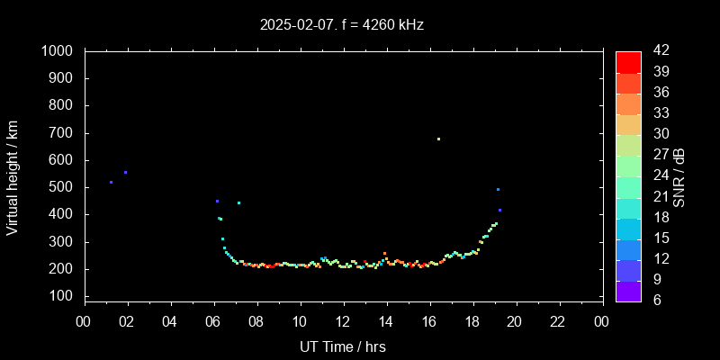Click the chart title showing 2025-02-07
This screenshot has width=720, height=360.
341,25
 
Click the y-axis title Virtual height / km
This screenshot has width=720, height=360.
13,176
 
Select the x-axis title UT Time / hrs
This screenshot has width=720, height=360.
343,346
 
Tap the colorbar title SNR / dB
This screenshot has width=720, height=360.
679,176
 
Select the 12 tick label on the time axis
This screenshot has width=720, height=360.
343,321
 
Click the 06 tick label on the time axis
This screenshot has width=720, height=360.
213,321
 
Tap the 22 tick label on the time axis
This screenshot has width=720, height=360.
559,321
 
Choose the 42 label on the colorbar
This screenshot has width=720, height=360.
660,51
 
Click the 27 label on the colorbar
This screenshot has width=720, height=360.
660,155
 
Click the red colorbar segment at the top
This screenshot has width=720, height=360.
628,61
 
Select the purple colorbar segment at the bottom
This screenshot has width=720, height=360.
628,291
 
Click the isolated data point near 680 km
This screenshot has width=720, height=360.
438,139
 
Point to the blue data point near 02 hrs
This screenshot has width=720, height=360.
125,172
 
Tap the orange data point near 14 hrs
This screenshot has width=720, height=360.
384,254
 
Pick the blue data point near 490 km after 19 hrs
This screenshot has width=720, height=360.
498,189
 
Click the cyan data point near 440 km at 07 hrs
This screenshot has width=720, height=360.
238,202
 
